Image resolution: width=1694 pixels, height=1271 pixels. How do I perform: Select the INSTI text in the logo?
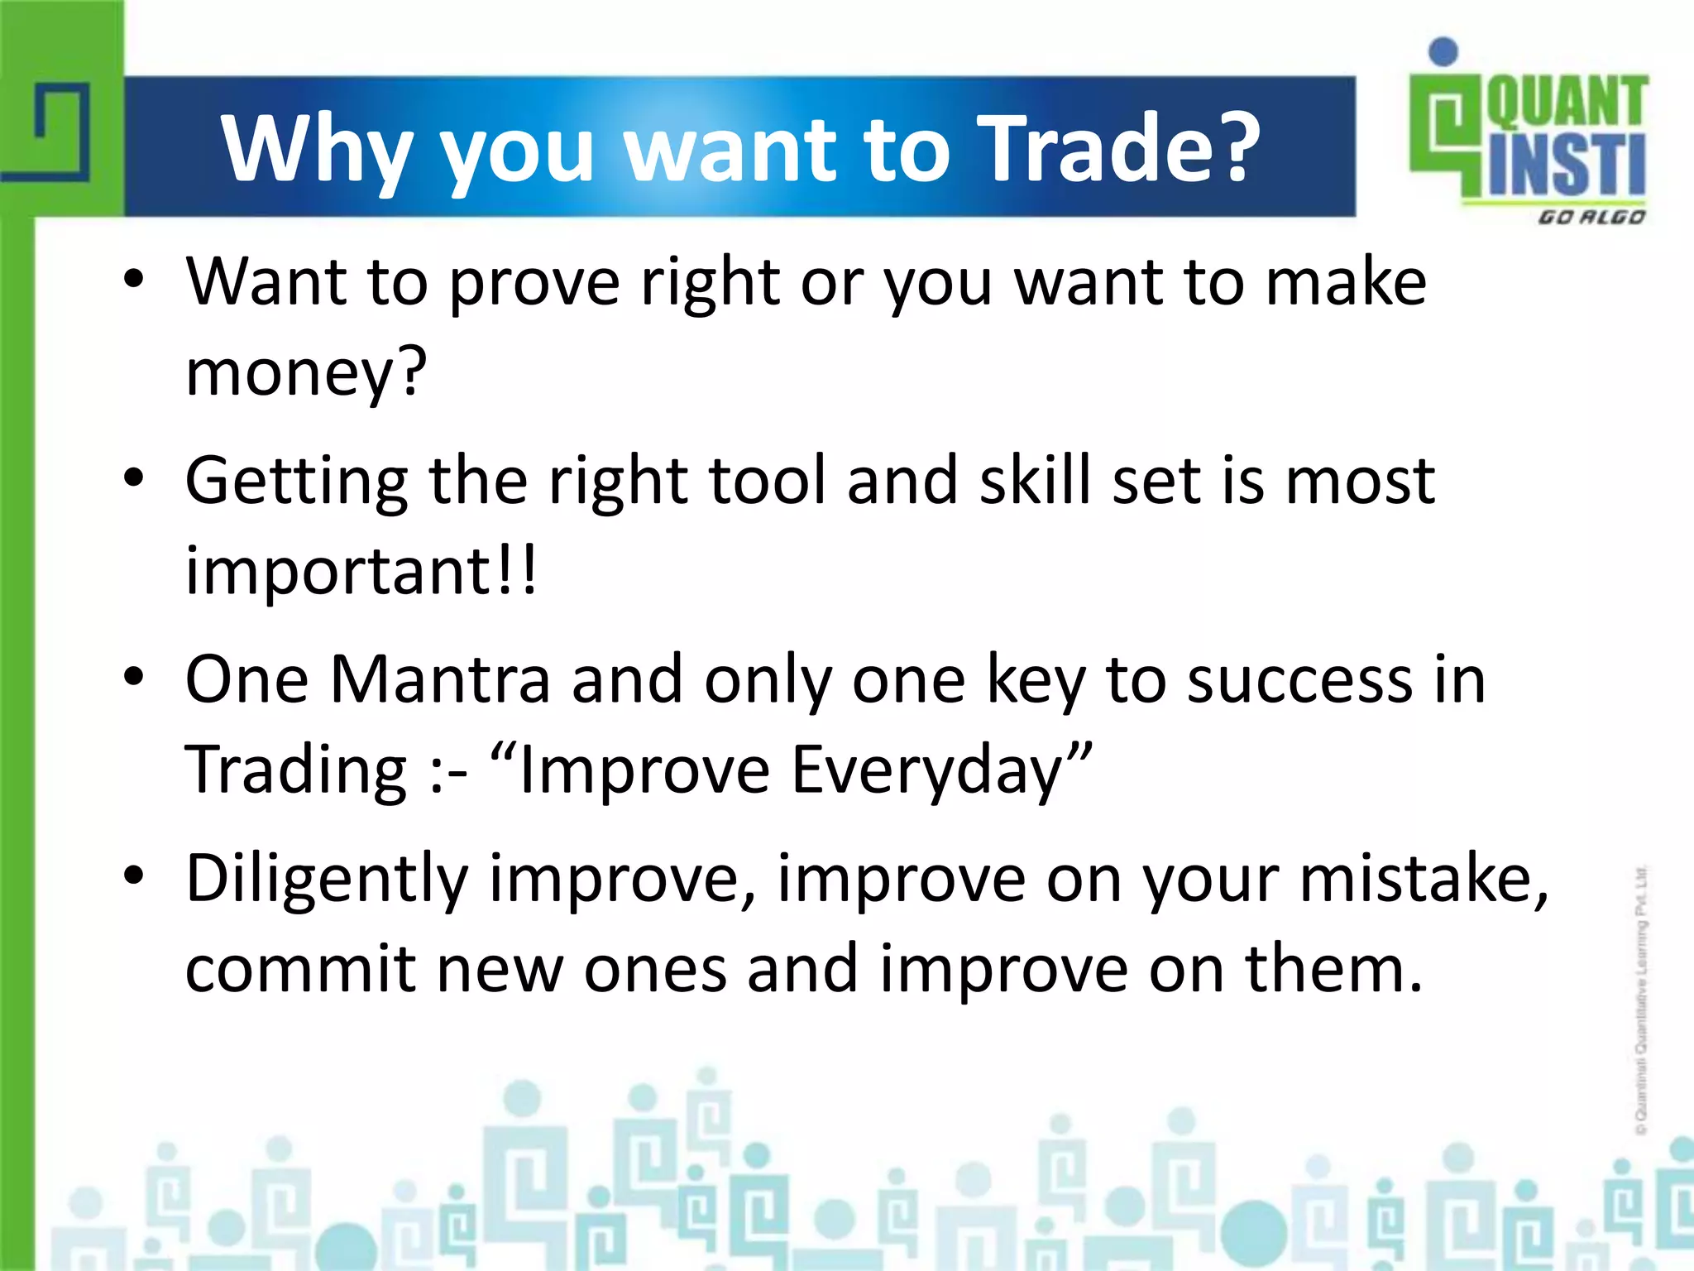[x=1567, y=165]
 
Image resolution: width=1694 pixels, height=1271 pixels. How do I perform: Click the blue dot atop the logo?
[x=1443, y=51]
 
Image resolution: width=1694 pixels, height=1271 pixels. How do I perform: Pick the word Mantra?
[x=440, y=680]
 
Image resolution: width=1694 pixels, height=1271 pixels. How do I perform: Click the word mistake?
[x=1424, y=879]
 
